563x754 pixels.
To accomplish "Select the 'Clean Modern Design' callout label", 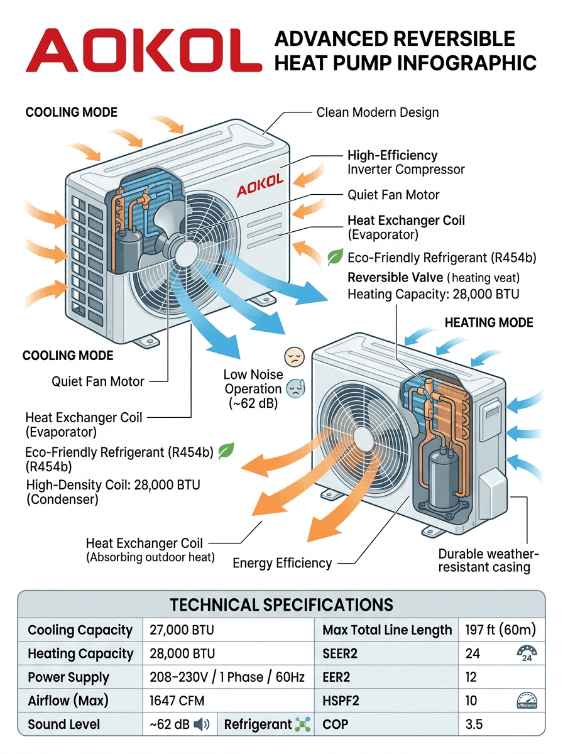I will coord(377,113).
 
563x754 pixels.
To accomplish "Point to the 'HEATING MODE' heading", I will coord(488,323).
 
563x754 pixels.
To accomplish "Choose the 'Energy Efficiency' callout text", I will coord(282,563).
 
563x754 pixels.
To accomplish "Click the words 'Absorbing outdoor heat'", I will coord(150,557).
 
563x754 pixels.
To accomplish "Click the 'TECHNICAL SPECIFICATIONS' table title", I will coord(281,604).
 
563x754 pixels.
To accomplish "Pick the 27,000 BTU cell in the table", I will coord(182,630).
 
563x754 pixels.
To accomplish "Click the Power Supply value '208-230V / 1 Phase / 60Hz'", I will coord(227,677).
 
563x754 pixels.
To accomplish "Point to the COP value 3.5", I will coord(474,724).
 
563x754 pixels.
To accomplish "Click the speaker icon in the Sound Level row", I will coord(202,724).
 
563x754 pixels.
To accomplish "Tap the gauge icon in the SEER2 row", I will coord(526,654).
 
